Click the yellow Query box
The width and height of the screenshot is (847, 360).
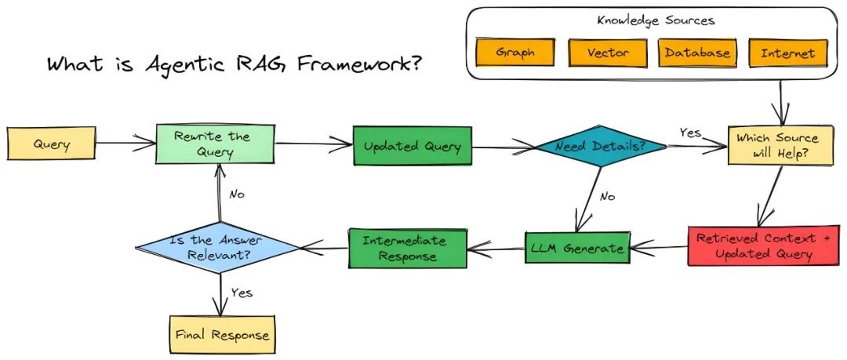coord(51,144)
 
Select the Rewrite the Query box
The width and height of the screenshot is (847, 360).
coord(216,144)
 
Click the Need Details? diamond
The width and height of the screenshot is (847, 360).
coord(601,147)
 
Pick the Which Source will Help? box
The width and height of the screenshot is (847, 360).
coord(776,144)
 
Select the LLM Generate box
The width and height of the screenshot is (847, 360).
coord(576,248)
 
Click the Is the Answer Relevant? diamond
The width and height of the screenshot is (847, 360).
coord(216,247)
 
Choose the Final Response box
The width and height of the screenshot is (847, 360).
coord(222,335)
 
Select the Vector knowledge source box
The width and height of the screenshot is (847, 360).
coord(608,53)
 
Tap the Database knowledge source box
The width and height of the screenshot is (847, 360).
coord(697,53)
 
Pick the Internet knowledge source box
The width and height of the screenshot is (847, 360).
coord(787,53)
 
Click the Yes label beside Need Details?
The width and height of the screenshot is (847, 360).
coord(689,133)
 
